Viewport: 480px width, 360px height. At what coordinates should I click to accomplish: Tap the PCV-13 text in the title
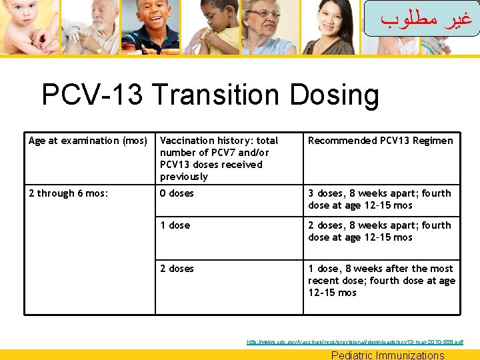[x=92, y=95]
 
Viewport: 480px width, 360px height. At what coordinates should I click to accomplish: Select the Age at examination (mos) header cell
[x=88, y=141]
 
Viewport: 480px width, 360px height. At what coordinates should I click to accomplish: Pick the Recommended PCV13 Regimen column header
[x=380, y=141]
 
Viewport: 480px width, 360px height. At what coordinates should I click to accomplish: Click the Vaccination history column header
[x=219, y=158]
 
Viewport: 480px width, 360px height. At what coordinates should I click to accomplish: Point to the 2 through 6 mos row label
[x=69, y=193]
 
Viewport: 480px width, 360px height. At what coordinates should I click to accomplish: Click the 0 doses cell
[x=177, y=193]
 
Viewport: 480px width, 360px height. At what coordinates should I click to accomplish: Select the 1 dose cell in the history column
[x=175, y=225]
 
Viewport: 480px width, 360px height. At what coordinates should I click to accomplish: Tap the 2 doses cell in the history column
[x=177, y=269]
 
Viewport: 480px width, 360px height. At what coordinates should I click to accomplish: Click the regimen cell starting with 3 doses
[x=379, y=199]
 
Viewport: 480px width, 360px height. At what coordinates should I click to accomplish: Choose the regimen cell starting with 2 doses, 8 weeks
[x=379, y=231]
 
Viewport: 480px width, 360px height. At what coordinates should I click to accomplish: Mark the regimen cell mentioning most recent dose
[x=381, y=281]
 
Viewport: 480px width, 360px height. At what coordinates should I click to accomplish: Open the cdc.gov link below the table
[x=355, y=342]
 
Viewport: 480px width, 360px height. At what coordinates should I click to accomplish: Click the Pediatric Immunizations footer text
[x=387, y=355]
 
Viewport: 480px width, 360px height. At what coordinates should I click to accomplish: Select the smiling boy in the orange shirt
[x=154, y=23]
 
